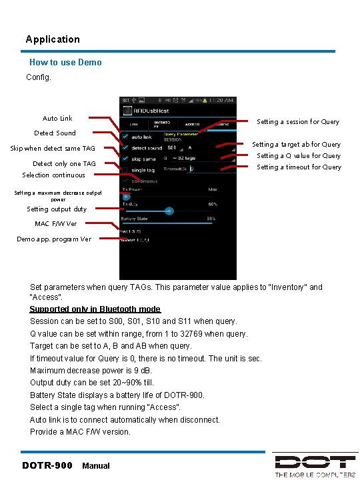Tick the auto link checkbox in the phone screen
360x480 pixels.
click(125, 137)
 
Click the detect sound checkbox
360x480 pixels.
click(125, 147)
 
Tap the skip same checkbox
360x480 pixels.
click(125, 159)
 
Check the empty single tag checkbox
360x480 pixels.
click(125, 170)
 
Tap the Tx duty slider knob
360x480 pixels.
click(169, 210)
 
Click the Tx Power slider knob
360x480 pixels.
click(125, 195)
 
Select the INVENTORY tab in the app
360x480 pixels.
click(163, 123)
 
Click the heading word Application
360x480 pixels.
click(53, 39)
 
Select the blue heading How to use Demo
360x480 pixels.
click(65, 62)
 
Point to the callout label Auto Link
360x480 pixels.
click(57, 119)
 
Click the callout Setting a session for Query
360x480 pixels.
click(298, 122)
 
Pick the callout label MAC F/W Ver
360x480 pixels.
click(56, 223)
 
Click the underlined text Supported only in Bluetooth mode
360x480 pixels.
click(95, 309)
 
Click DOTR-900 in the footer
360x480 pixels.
click(47, 465)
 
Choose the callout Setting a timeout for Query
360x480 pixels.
click(299, 167)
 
